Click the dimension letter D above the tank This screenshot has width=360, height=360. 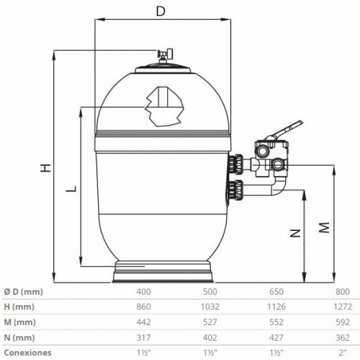(x=160, y=11)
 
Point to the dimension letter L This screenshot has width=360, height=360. (x=72, y=189)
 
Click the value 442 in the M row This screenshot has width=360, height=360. (x=143, y=321)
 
